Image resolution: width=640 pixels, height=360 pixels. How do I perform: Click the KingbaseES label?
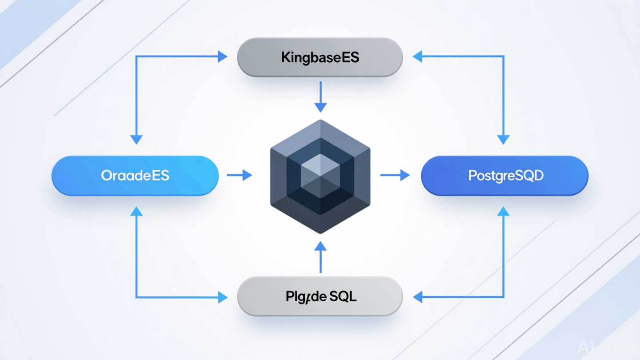coord(320,57)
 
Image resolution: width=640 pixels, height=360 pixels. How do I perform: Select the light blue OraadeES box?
coord(135,176)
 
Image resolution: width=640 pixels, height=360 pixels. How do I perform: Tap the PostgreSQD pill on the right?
coord(505,176)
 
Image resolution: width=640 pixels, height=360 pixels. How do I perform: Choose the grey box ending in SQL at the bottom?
coord(320,296)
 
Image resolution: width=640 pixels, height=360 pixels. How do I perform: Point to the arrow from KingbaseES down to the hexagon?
coord(320,97)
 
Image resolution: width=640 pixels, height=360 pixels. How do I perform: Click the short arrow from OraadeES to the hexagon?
coord(240,175)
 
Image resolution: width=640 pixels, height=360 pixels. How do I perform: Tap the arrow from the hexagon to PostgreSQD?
coord(395,175)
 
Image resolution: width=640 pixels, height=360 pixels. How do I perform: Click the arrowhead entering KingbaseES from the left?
coord(222,56)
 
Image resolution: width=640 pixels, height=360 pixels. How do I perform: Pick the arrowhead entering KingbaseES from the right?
coord(418,56)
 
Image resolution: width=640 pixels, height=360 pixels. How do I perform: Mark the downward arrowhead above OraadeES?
coord(136,139)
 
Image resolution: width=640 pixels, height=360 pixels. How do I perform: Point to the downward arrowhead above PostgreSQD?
coord(503,139)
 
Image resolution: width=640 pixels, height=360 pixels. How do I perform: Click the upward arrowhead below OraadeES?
coord(136,212)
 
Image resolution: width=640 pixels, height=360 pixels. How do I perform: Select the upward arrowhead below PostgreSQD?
coord(503,212)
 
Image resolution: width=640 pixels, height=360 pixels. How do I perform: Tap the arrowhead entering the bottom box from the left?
coord(222,297)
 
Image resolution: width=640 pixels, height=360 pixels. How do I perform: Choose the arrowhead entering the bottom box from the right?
coord(418,297)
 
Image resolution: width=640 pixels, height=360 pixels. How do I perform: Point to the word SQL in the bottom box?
coord(343,296)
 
